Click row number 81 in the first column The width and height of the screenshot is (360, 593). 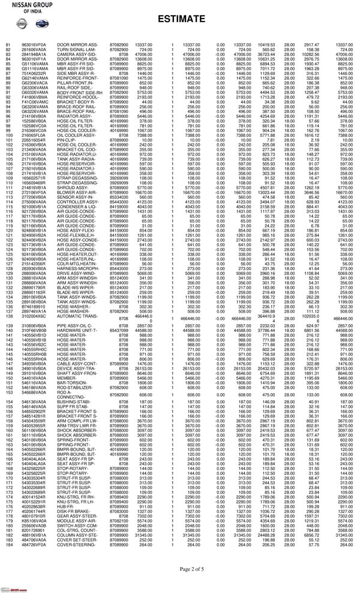[x=8, y=46]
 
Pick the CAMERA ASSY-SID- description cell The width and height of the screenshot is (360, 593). [x=74, y=55]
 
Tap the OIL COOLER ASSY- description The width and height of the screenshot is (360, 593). [x=74, y=136]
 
